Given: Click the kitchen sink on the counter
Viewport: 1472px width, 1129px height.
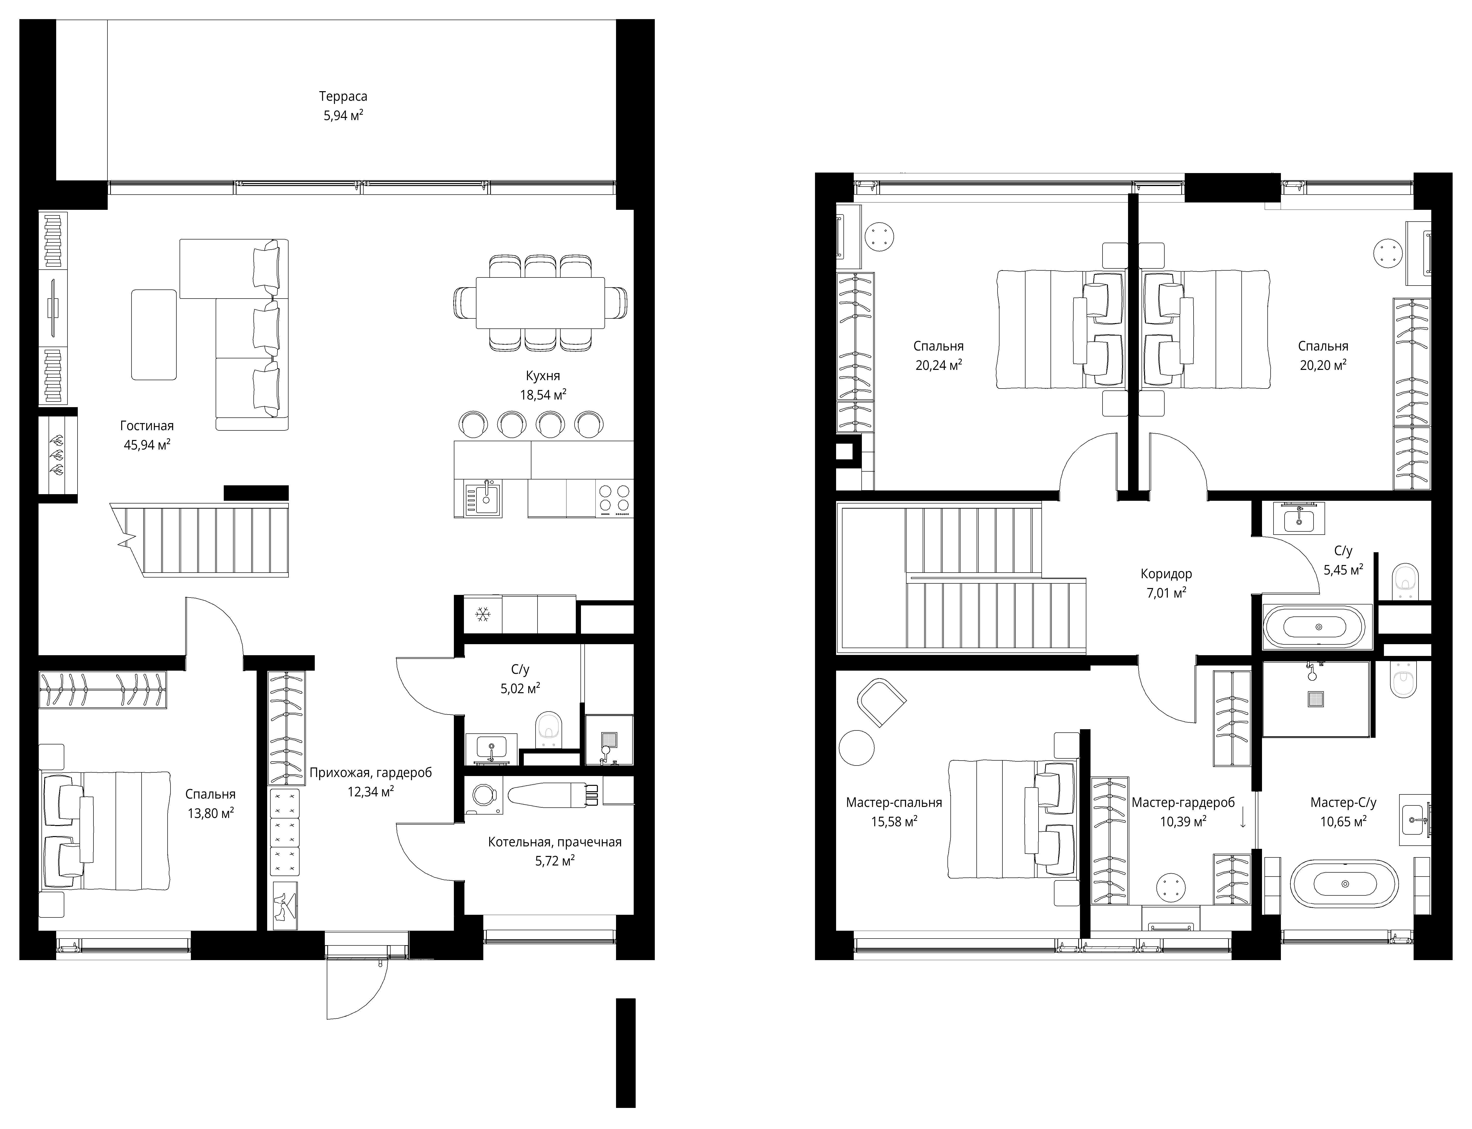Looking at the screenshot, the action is pos(482,498).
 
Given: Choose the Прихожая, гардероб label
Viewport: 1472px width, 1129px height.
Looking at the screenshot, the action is pos(370,773).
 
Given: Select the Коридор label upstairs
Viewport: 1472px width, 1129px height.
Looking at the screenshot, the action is pos(1166,574).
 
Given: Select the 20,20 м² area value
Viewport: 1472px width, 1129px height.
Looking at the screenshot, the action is pos(1323,365).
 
